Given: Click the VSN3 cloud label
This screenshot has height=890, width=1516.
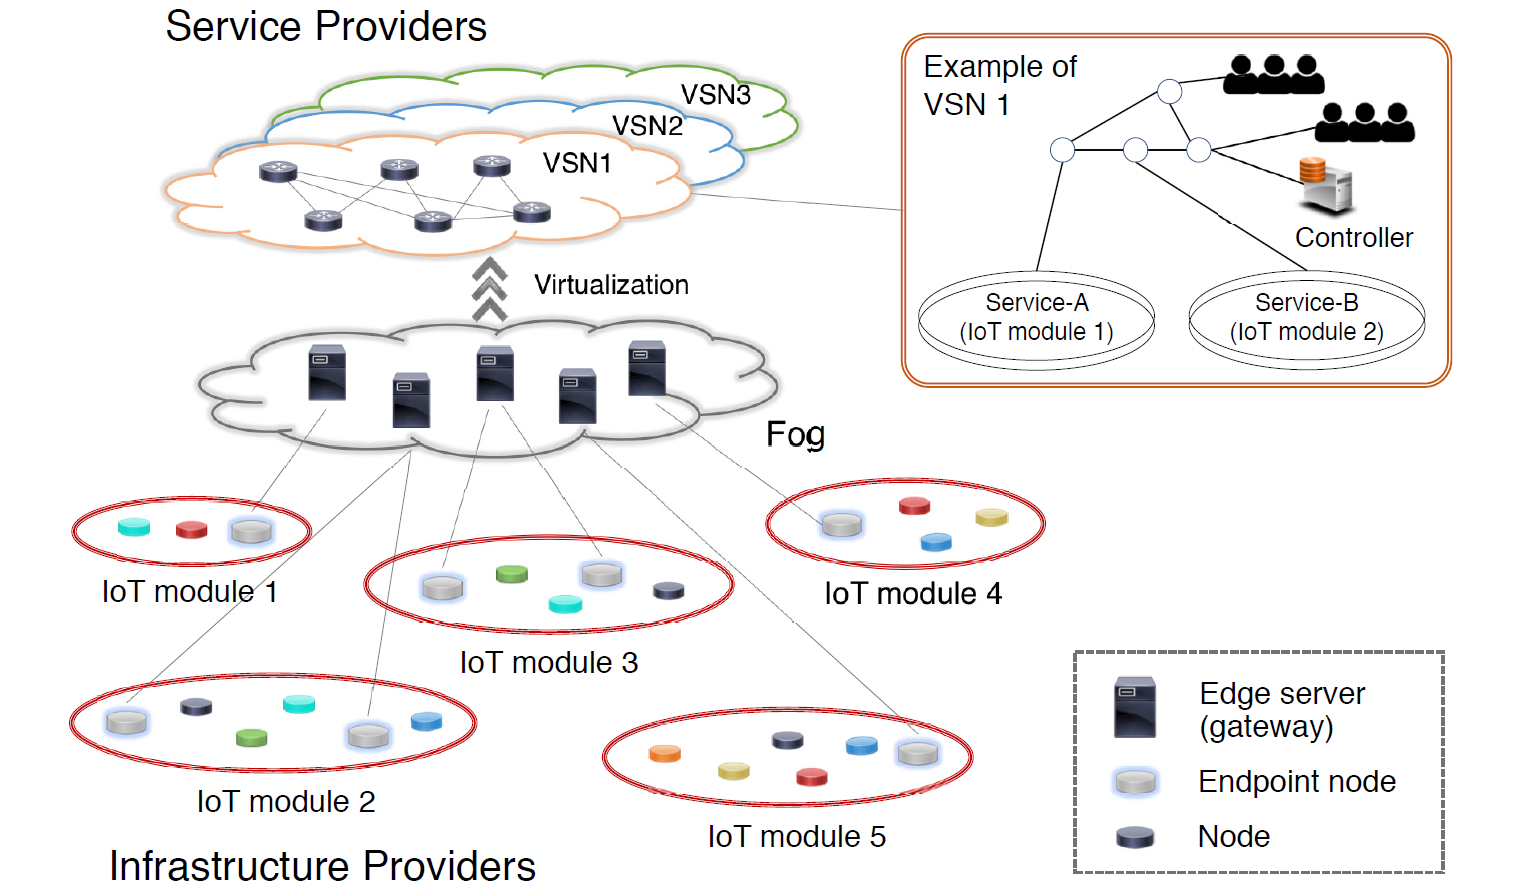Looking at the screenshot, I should (x=715, y=95).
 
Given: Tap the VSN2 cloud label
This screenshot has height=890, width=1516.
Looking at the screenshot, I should (x=647, y=126).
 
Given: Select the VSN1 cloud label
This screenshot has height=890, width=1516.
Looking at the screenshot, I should (x=577, y=163).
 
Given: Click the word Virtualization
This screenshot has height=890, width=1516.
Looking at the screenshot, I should (x=611, y=285).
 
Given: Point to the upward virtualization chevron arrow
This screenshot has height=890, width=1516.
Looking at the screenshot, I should (x=489, y=289).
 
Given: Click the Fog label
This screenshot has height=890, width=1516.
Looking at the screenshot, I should (x=795, y=434).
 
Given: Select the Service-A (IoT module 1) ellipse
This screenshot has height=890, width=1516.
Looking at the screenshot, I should (x=1036, y=318).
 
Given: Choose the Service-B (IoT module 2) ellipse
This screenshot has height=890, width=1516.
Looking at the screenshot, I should (x=1306, y=318).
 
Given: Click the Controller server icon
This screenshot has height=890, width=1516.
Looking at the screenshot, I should (x=1326, y=185).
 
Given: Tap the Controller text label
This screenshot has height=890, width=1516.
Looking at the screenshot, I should (x=1354, y=238).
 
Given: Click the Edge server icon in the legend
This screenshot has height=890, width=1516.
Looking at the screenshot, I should (x=1135, y=708).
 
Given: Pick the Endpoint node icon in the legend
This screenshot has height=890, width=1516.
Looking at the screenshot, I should (x=1135, y=782).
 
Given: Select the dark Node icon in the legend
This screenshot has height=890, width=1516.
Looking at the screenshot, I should (x=1135, y=836).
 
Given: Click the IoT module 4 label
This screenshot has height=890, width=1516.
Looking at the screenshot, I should (x=912, y=594).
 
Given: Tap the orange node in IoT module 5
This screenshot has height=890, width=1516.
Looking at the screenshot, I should (x=664, y=753).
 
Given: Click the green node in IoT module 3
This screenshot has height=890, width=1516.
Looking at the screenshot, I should (x=511, y=574).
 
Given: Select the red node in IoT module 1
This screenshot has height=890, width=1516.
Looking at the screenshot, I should (x=191, y=529).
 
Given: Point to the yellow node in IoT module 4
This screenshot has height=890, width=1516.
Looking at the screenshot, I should (x=991, y=517).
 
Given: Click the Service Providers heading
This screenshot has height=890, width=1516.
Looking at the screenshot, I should (x=326, y=27).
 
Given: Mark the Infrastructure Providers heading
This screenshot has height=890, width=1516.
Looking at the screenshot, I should (x=322, y=866).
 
